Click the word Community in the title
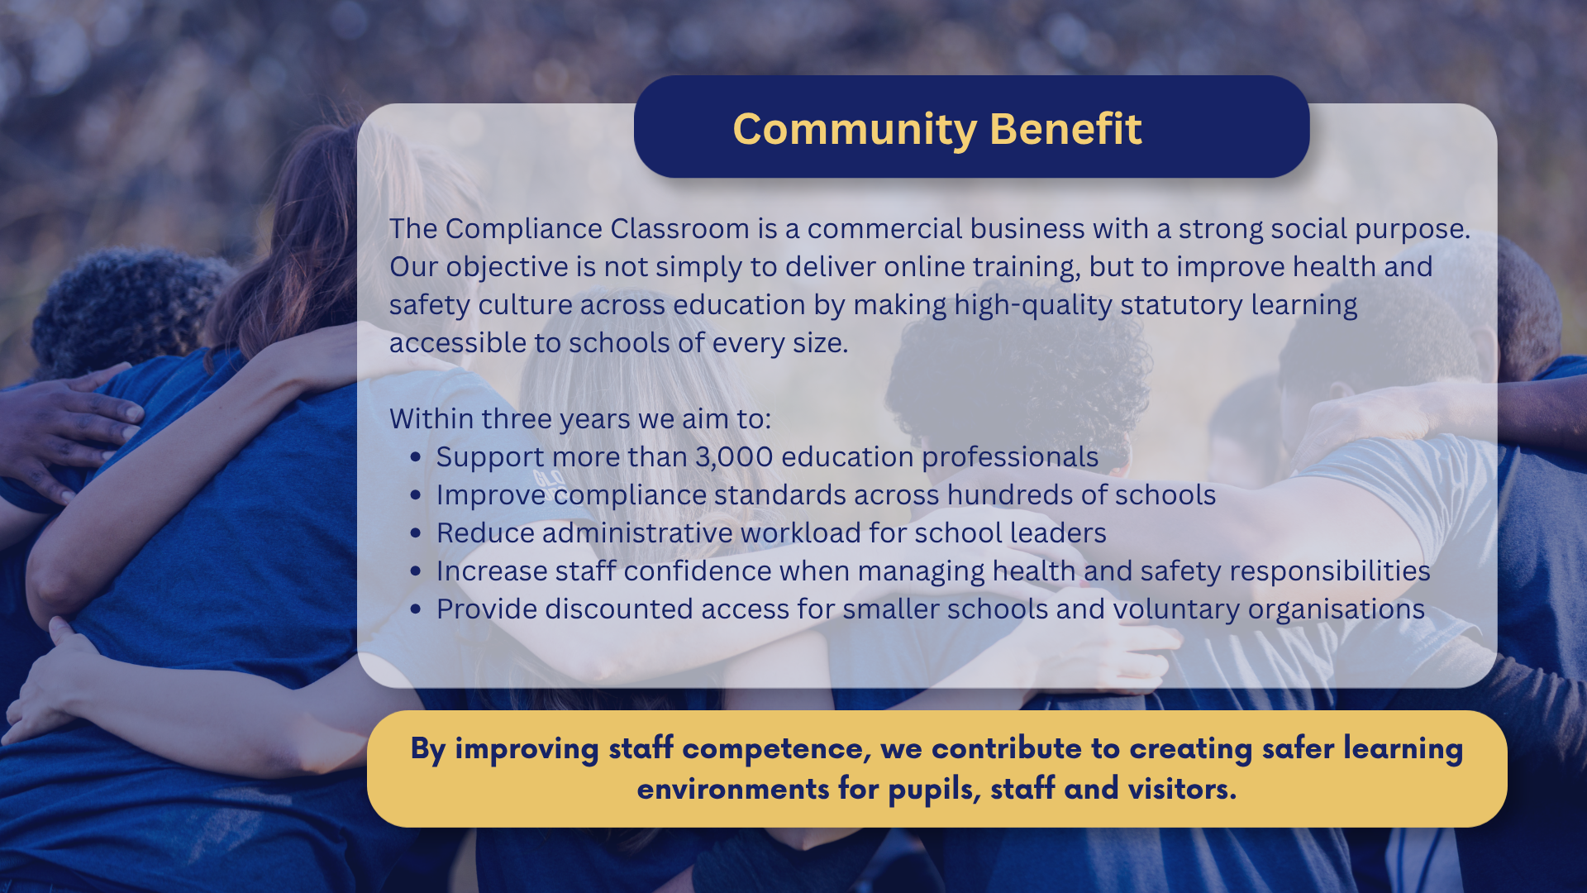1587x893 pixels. pos(855,131)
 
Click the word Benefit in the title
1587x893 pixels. pos(1065,129)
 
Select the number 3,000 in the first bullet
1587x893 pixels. pos(734,457)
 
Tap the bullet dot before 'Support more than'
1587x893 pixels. pos(416,457)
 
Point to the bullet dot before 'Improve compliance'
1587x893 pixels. pos(416,495)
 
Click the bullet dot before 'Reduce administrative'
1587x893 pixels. pos(416,533)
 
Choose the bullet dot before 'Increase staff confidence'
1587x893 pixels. pos(416,571)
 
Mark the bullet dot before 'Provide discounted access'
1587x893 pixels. pos(416,609)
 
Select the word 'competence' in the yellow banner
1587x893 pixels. pos(777,749)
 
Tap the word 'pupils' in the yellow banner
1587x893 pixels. pos(935,790)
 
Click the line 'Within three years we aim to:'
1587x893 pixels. pos(580,419)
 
